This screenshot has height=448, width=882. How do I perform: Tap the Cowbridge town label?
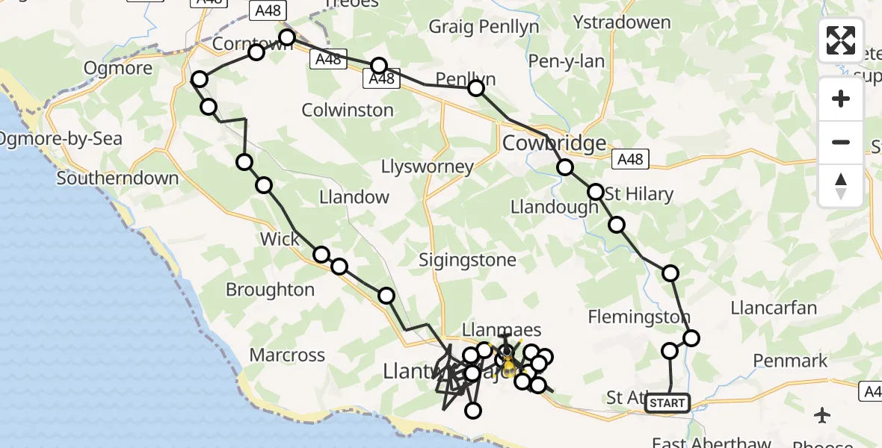click(x=554, y=143)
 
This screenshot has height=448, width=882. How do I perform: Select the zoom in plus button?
click(x=841, y=99)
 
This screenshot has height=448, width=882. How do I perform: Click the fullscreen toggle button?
click(x=841, y=40)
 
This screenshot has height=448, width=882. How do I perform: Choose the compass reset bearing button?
click(x=841, y=185)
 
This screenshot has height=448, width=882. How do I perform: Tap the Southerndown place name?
click(x=117, y=178)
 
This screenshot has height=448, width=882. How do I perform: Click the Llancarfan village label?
click(x=774, y=308)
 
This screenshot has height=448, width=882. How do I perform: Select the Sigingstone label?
click(x=467, y=260)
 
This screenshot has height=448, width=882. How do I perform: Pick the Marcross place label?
click(x=287, y=355)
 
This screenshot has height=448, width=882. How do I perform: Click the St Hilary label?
click(x=639, y=194)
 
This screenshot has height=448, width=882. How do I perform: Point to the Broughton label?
click(x=270, y=290)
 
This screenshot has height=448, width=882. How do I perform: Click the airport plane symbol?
click(x=822, y=414)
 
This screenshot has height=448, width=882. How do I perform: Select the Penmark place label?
click(x=790, y=361)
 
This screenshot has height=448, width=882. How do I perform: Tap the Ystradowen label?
click(x=621, y=22)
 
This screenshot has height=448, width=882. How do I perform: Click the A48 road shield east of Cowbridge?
click(x=630, y=158)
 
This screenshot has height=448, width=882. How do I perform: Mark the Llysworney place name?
click(x=427, y=166)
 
